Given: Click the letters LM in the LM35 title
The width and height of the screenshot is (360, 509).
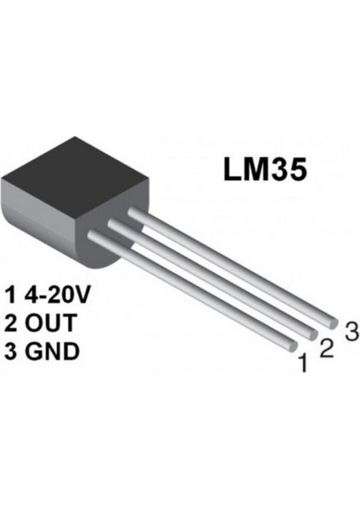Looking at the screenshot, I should coord(243,167).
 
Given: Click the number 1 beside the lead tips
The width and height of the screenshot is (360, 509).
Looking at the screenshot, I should coord(301,366).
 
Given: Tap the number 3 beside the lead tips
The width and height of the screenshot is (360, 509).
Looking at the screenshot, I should coord(349,330).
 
